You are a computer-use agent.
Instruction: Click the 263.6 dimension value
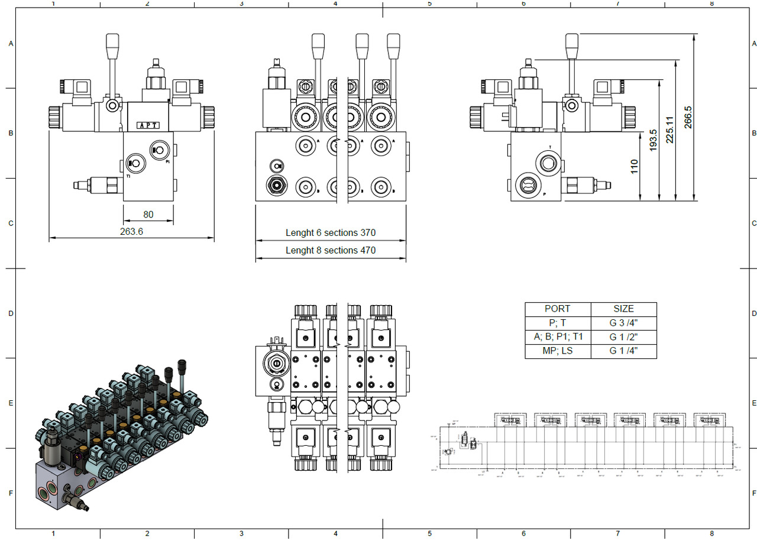[131, 232]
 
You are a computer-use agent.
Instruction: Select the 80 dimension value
[148, 215]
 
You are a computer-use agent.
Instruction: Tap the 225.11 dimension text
[670, 129]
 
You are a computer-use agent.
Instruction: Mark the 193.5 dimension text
[653, 140]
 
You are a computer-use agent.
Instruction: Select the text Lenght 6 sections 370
[331, 233]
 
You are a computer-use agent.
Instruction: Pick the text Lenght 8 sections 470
[331, 250]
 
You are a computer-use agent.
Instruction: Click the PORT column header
[557, 309]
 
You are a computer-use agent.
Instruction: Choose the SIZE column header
[623, 309]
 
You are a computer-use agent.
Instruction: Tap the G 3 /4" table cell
[623, 323]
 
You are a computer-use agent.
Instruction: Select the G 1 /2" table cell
[623, 337]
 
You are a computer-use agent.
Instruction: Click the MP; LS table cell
[557, 351]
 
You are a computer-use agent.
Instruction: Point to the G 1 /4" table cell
[623, 351]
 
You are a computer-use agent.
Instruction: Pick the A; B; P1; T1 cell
[557, 337]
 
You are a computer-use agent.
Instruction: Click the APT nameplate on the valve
[147, 125]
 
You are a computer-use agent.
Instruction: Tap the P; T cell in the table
[557, 323]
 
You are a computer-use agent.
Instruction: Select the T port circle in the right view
[547, 162]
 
